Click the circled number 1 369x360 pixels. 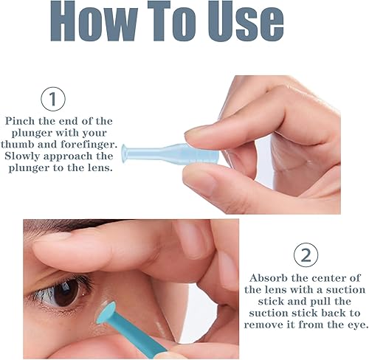coord(52,100)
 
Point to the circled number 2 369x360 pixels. coord(305,255)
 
